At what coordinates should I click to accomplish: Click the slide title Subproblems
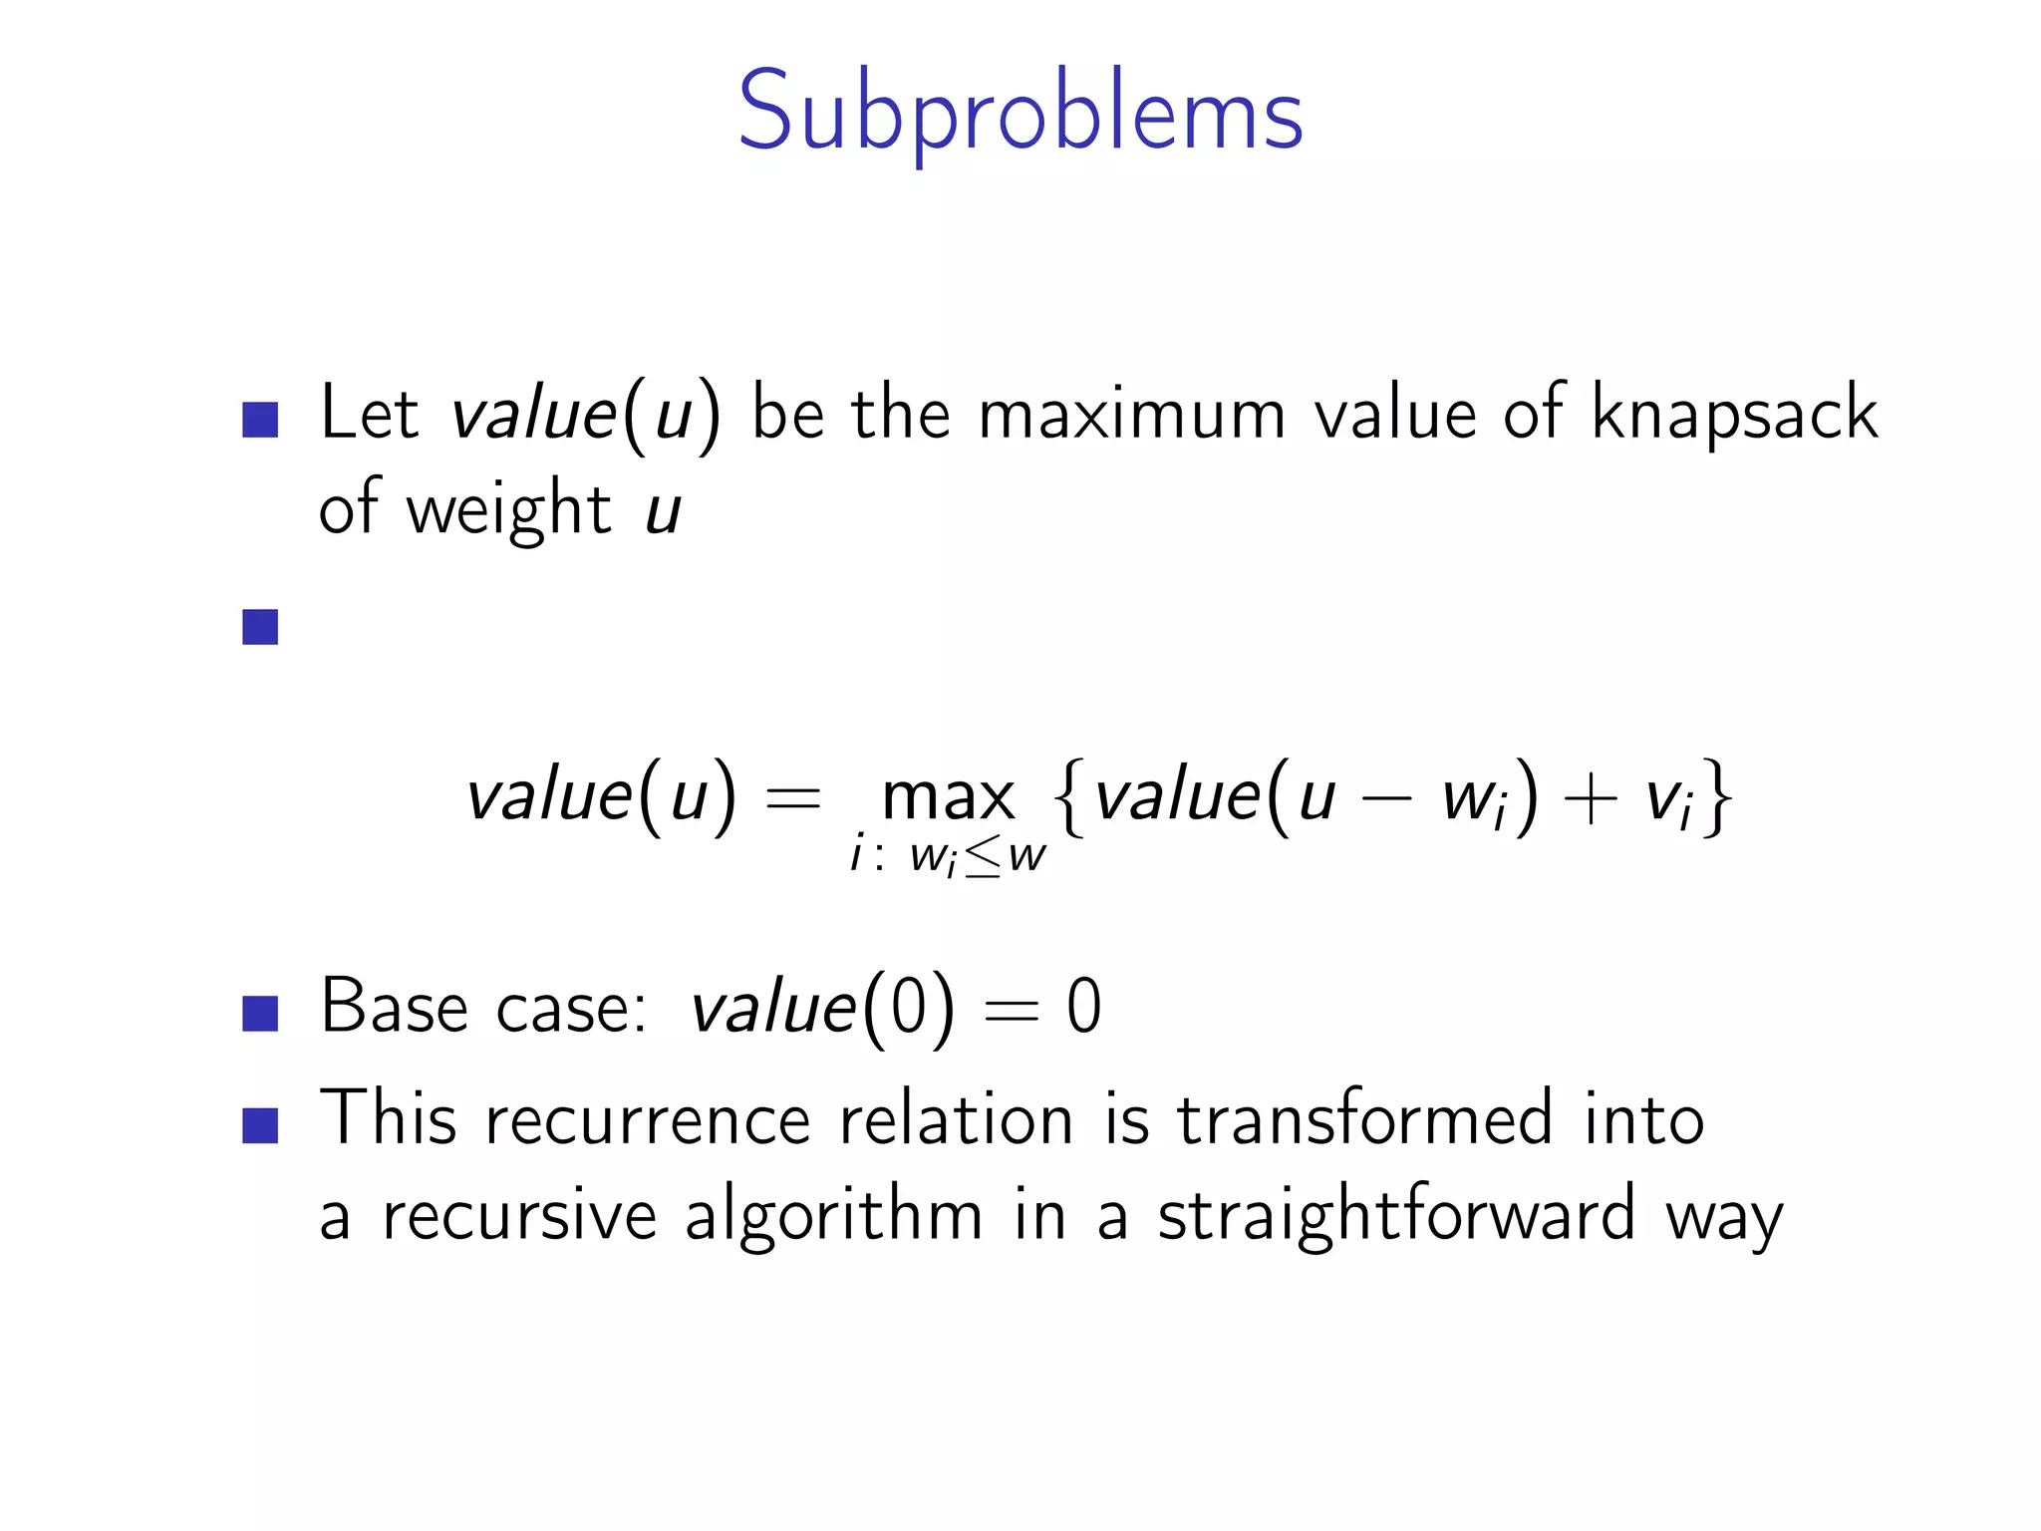pos(1020,112)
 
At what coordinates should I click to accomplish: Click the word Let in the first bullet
pos(368,413)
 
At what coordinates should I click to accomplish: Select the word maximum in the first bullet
pos(1131,415)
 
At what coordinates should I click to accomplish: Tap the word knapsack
pos(1734,413)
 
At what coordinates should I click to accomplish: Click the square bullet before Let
pos(260,420)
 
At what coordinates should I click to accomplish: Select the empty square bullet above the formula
pos(260,627)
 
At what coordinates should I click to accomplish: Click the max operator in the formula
pos(948,797)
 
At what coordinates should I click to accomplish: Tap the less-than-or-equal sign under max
pos(982,857)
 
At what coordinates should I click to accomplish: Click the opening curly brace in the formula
pos(1069,797)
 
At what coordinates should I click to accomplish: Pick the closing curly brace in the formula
pos(1717,797)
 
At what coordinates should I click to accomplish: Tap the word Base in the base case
pos(394,1006)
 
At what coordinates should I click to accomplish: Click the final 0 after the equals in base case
pos(1084,1007)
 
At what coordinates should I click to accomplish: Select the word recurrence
pos(648,1119)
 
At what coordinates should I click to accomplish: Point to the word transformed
pos(1364,1119)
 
